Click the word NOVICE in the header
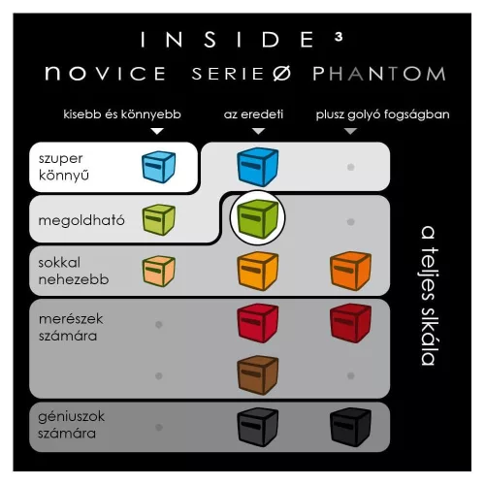[106, 73]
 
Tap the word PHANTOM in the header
[379, 74]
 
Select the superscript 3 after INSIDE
[339, 37]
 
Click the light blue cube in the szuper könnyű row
[158, 167]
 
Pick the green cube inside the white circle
[257, 218]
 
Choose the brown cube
[257, 375]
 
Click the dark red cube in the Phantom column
[350, 323]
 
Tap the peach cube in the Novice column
[158, 271]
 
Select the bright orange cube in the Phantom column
[350, 271]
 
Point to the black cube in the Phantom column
[350, 427]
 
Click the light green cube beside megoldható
[158, 219]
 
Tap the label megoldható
[81, 220]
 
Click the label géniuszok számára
[71, 425]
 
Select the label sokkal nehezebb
[74, 271]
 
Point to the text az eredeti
[253, 114]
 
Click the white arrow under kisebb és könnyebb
[157, 131]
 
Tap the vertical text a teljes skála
[429, 296]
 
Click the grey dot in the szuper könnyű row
[350, 167]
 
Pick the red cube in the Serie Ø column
[257, 323]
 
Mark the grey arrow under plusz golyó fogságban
[350, 131]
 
